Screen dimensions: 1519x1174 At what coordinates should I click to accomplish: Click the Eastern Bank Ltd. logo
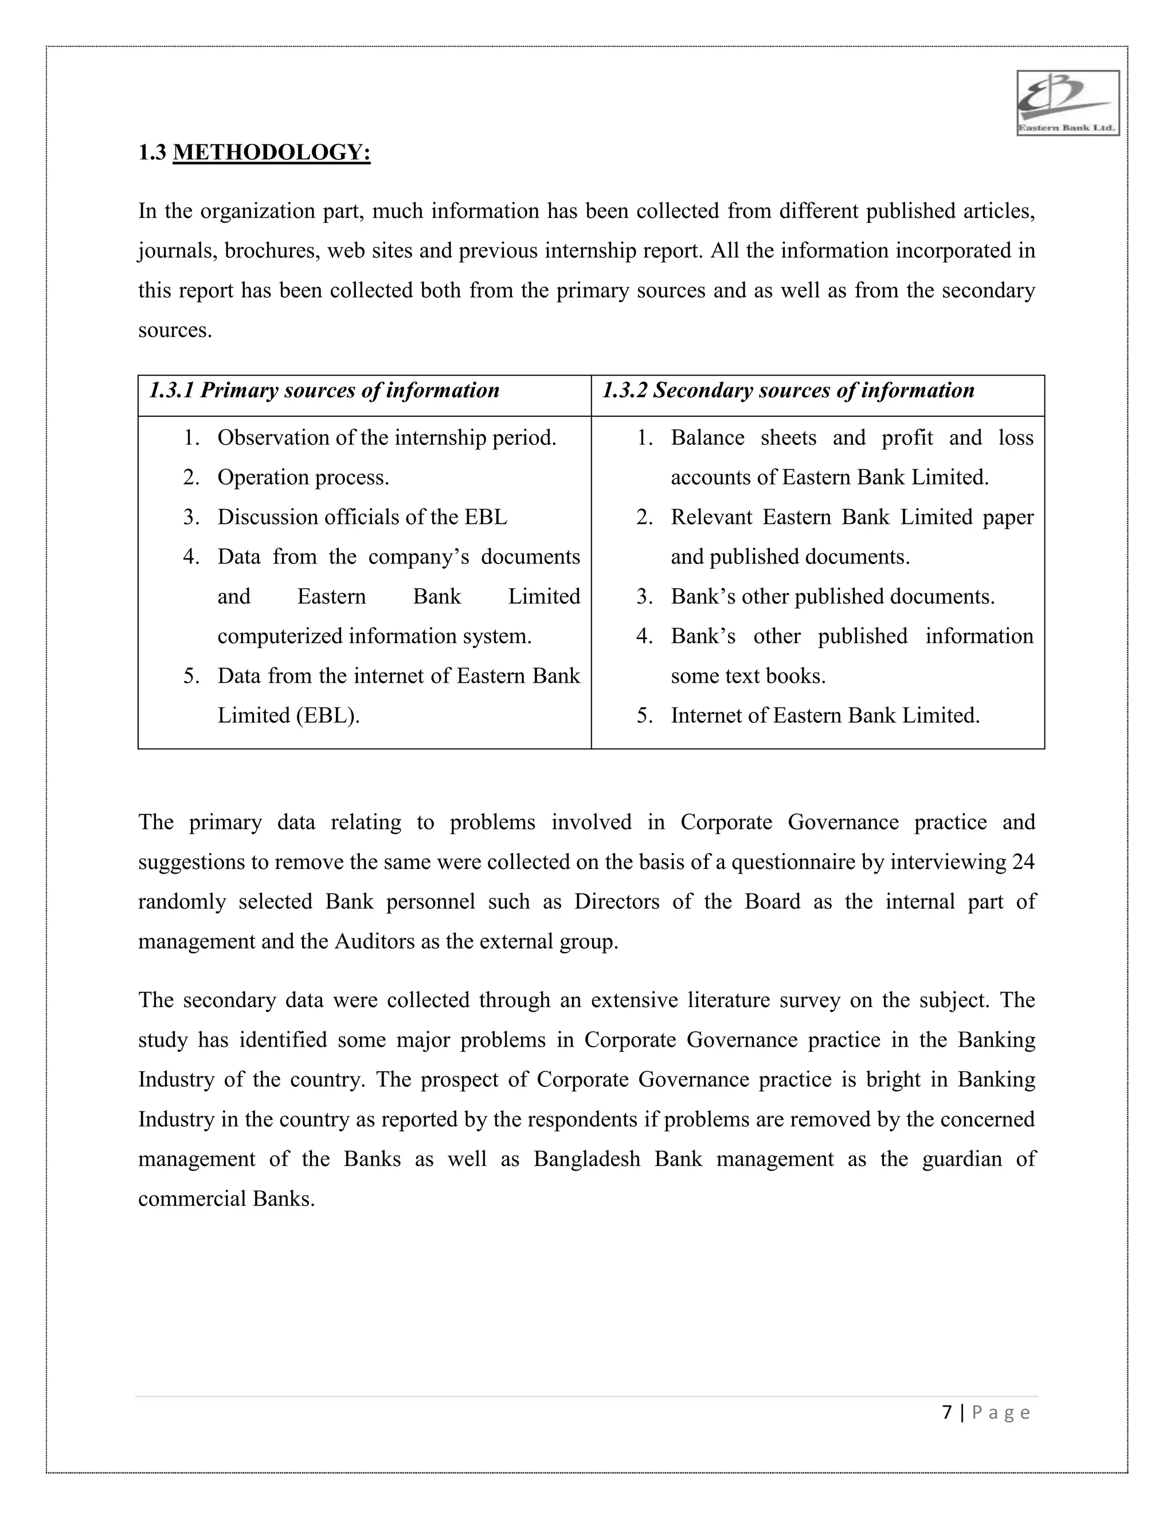(1067, 103)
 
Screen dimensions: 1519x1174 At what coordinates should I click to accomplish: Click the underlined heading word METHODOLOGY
(271, 152)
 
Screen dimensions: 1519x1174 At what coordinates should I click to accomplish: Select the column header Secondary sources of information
(788, 391)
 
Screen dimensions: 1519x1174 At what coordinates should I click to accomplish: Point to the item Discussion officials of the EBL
(362, 518)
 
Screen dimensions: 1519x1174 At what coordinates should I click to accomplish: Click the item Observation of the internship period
(387, 438)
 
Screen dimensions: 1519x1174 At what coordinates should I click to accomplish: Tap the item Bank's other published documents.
(832, 597)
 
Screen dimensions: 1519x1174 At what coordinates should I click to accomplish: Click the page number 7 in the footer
(946, 1412)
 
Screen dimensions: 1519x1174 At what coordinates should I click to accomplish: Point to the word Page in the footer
(1001, 1412)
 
